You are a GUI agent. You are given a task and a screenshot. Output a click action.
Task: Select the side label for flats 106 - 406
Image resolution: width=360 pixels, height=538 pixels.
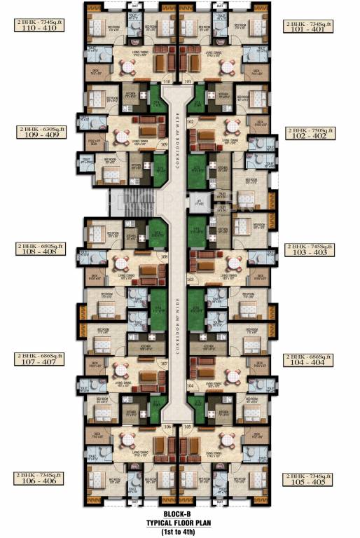coord(41,480)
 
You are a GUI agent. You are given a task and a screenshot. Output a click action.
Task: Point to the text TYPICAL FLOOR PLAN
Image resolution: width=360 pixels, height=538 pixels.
coord(179,521)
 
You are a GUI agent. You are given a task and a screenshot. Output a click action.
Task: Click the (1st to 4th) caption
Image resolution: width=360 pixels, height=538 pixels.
coord(179,530)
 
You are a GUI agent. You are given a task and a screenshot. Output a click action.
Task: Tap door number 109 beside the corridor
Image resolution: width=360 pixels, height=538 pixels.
coord(163,144)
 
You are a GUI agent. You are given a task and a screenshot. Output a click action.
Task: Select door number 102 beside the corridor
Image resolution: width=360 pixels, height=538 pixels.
coord(190,121)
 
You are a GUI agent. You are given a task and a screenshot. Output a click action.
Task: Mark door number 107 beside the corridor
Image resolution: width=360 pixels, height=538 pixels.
coord(164,363)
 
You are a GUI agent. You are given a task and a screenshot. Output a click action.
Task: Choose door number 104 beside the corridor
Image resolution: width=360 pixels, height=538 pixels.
coord(190,386)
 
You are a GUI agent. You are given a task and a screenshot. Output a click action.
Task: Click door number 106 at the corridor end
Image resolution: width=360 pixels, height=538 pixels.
coord(167,427)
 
